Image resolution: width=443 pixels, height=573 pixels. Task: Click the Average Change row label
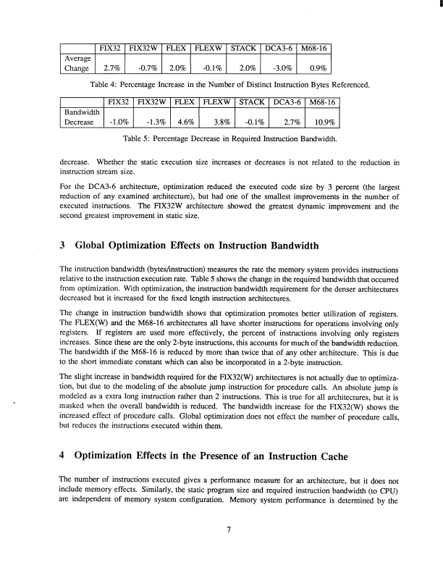(75, 64)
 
